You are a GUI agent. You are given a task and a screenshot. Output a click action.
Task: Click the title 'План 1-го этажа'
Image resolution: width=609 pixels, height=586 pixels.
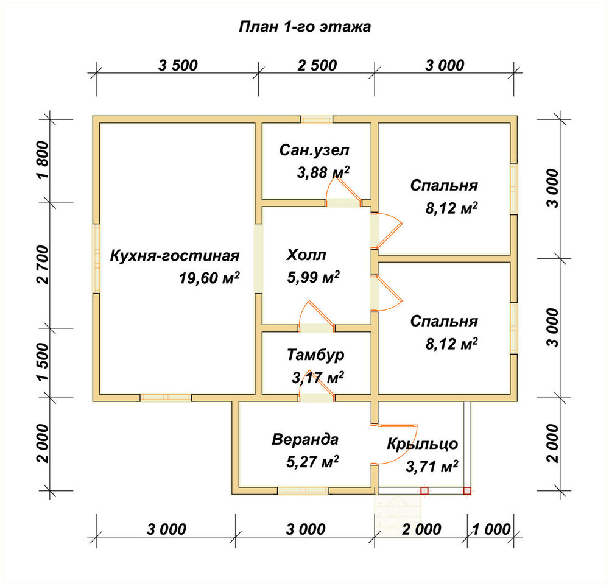coord(304,27)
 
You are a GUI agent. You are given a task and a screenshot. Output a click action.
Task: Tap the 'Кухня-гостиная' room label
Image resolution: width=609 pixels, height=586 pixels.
coord(175,256)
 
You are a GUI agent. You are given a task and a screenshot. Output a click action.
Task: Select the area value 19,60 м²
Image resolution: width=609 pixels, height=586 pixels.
coord(209,278)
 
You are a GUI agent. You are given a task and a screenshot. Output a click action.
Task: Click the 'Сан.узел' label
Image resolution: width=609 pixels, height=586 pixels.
coord(314,150)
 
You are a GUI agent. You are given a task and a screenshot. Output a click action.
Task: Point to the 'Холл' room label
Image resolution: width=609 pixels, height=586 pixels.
coord(306,255)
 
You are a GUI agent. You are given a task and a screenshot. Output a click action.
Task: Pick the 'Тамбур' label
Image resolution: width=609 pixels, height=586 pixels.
coord(315,355)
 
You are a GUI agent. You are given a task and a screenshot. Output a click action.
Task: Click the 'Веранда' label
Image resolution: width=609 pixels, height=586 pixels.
coord(305,440)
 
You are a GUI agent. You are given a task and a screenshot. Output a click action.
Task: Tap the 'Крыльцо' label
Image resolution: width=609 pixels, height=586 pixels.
coord(422,444)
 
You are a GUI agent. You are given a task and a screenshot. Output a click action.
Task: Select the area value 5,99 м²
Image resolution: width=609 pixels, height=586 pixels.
coord(314,277)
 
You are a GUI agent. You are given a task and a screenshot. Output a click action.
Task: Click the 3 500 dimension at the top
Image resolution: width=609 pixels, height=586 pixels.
coord(178,65)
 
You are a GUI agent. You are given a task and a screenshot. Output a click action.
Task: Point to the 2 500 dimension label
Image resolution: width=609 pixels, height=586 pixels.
coord(317,65)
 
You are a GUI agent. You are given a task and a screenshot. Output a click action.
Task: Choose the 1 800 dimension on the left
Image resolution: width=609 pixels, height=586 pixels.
coord(43,160)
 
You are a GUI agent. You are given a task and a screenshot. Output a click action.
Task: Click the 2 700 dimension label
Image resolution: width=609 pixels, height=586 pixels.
coord(43,265)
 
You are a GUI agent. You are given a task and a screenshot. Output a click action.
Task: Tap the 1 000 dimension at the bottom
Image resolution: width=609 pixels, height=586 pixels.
coord(491,529)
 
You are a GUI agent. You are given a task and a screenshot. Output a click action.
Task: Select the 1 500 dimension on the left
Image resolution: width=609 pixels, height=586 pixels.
coord(43,362)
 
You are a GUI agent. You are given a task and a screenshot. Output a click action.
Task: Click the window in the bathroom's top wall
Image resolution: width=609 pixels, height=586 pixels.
coord(317,119)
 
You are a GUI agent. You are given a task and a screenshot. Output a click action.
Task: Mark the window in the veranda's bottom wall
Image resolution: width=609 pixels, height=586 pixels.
coord(303,490)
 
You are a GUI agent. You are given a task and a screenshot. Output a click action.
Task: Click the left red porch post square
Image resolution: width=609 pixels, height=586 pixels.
coord(424,491)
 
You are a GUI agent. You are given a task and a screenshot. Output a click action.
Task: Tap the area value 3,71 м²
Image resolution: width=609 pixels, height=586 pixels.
coord(432,467)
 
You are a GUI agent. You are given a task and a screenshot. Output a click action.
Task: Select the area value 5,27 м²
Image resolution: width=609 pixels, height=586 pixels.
coord(312,462)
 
